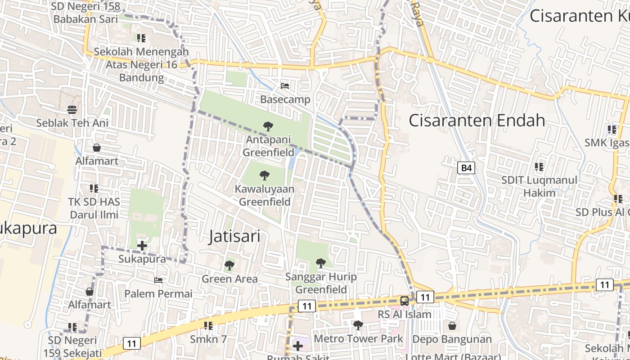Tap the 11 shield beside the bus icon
coord(425,297)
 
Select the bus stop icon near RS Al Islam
coord(405,301)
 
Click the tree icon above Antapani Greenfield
coord(268,126)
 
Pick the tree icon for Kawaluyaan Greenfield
coord(265,175)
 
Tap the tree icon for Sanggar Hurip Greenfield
coord(320,263)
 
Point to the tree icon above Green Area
coord(229,265)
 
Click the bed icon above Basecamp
coord(284,85)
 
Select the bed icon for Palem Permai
coord(158,280)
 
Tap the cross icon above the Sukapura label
coord(142,246)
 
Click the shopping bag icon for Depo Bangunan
coord(452,325)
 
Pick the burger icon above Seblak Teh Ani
coord(72,109)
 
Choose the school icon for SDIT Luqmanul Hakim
coord(539,167)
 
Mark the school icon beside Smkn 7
coord(208,325)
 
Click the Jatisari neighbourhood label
coord(234,236)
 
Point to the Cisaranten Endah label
coord(477,121)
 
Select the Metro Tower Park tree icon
coord(358,324)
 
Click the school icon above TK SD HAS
coord(94,188)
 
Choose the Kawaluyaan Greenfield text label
coord(265,195)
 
